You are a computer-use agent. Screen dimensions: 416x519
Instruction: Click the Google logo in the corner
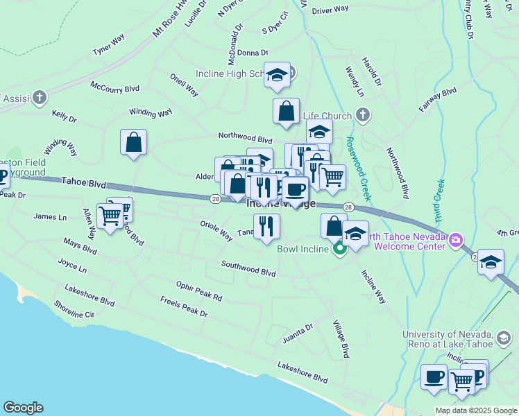pyautogui.click(x=23, y=408)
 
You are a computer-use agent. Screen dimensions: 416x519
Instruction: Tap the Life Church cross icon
pyautogui.click(x=361, y=114)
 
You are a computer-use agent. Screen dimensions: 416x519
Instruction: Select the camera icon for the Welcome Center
pyautogui.click(x=456, y=241)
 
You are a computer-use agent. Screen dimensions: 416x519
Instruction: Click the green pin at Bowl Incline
pyautogui.click(x=339, y=248)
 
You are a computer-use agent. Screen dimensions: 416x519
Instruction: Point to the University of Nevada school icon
pyautogui.click(x=504, y=339)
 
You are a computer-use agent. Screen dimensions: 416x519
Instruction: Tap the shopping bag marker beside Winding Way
pyautogui.click(x=133, y=142)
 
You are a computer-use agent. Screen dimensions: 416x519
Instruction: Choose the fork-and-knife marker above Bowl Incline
pyautogui.click(x=266, y=226)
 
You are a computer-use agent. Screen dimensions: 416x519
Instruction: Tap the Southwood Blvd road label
pyautogui.click(x=248, y=268)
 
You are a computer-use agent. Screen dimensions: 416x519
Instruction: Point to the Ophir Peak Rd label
pyautogui.click(x=198, y=292)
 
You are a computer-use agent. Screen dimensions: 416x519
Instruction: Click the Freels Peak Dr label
pyautogui.click(x=183, y=307)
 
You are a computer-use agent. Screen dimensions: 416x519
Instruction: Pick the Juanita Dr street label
pyautogui.click(x=298, y=333)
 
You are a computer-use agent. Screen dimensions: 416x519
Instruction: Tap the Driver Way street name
pyautogui.click(x=330, y=10)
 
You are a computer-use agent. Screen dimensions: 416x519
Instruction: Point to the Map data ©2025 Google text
pyautogui.click(x=476, y=410)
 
